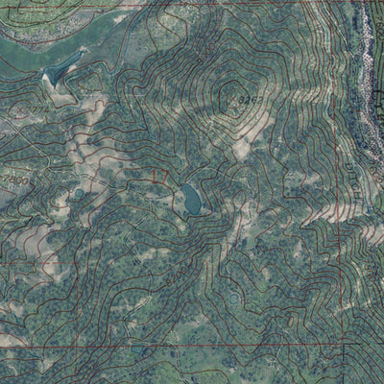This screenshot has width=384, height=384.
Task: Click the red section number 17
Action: click(159, 177)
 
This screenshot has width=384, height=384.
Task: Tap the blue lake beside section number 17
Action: click(191, 201)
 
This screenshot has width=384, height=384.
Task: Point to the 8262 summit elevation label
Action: click(249, 99)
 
